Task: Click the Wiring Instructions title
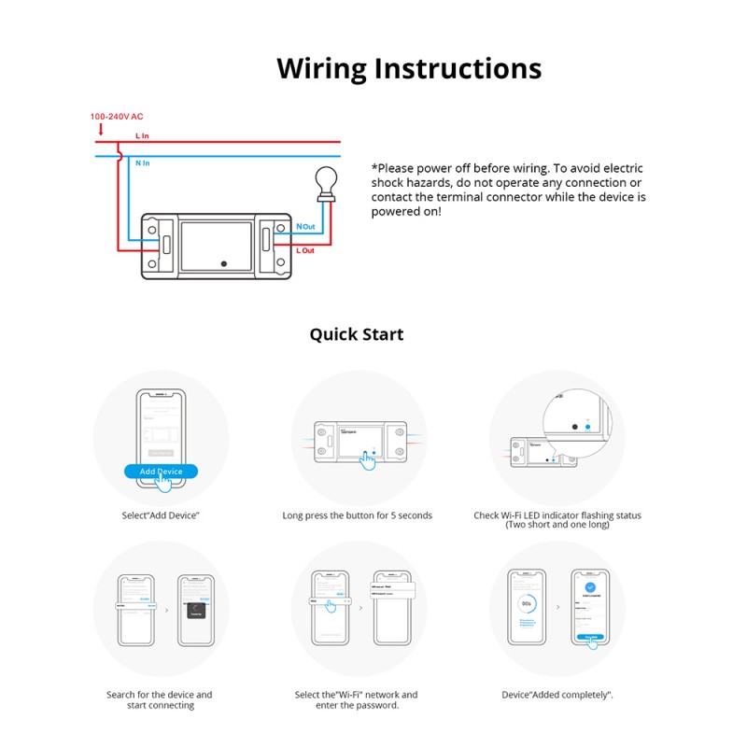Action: point(409,69)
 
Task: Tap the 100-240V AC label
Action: point(117,117)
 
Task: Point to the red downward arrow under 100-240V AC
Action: point(101,130)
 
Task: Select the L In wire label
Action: point(142,136)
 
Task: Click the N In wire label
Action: point(142,163)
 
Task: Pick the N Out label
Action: point(305,227)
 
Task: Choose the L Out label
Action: point(305,250)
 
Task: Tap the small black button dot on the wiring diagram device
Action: point(223,264)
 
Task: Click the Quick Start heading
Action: point(357,334)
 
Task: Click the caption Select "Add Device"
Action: point(162,515)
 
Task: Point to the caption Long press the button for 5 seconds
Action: point(358,515)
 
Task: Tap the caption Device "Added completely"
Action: point(557,695)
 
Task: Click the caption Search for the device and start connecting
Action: point(159,699)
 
